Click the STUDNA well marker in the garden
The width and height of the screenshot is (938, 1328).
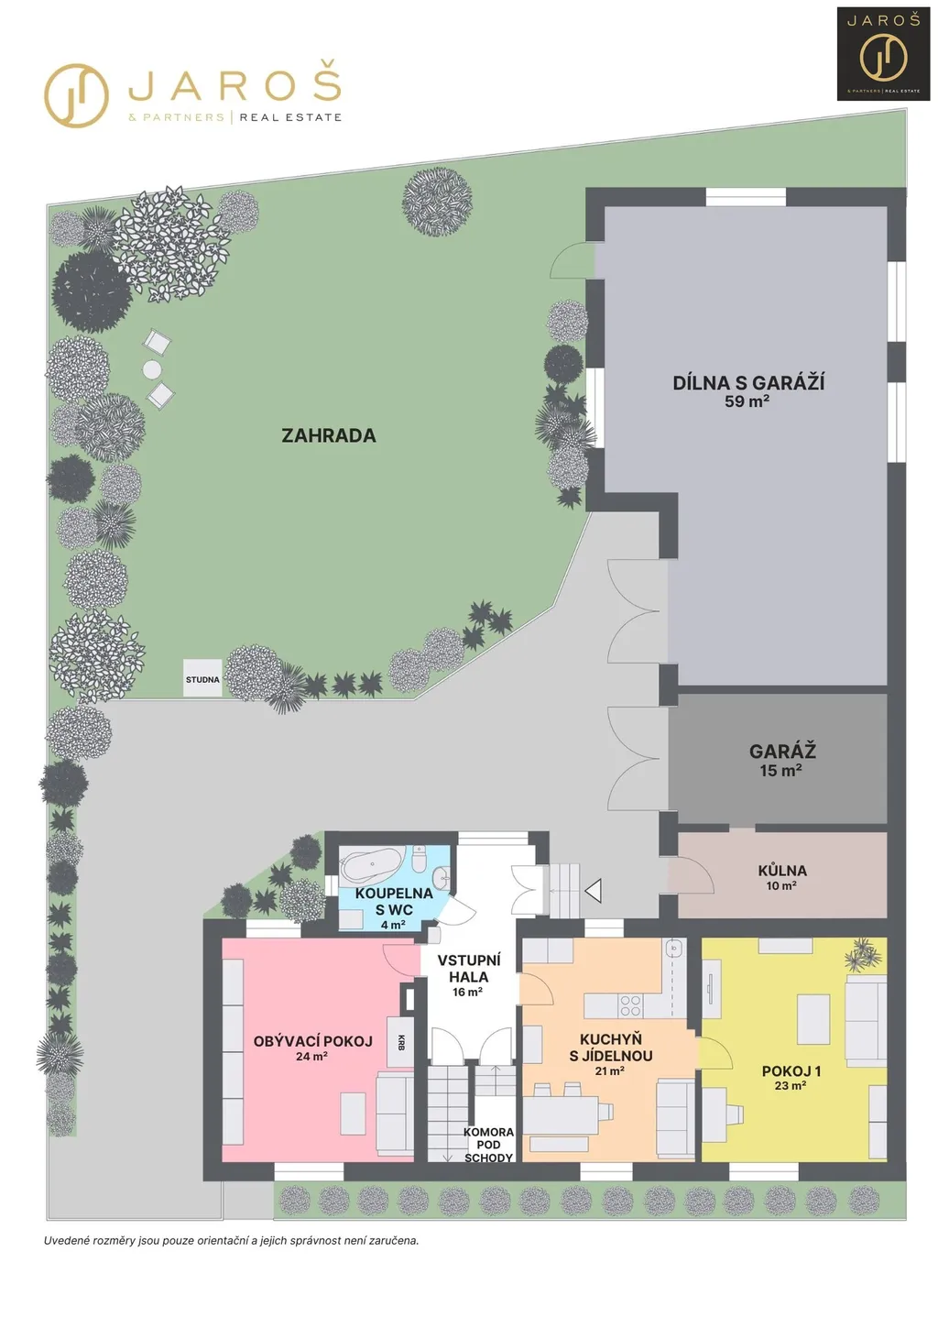[x=202, y=678]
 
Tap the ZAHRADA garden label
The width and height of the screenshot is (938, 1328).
[x=329, y=435]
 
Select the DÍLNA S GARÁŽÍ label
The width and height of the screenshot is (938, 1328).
[x=748, y=382]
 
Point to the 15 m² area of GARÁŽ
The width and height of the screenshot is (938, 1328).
[x=781, y=770]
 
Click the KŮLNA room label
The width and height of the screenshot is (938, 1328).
[x=782, y=871]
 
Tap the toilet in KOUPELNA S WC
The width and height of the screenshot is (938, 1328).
[x=420, y=860]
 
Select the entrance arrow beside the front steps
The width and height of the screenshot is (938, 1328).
[x=594, y=891]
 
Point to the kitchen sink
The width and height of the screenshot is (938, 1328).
[x=673, y=949]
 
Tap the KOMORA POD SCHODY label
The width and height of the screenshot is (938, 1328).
[x=488, y=1144]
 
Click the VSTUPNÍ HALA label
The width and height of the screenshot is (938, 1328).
[x=469, y=968]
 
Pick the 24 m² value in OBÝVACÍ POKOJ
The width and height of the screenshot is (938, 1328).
[x=311, y=1057]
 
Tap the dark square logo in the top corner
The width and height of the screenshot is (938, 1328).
[x=883, y=54]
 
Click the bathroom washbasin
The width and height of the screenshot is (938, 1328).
[x=442, y=877]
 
